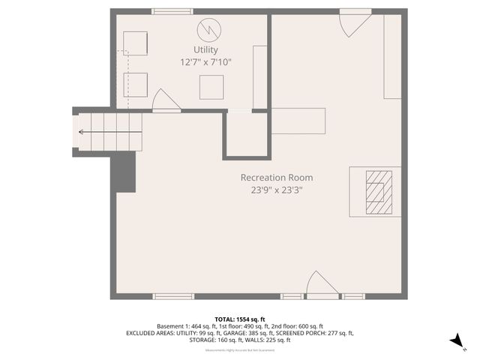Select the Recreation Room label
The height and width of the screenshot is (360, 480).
tap(276, 178)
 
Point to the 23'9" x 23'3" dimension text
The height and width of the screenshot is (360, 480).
tap(276, 190)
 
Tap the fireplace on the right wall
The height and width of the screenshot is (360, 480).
tap(378, 192)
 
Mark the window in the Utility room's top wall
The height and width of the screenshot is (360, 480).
tap(172, 11)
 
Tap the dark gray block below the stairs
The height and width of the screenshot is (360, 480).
tap(124, 172)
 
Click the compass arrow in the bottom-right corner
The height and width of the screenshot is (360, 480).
tap(455, 341)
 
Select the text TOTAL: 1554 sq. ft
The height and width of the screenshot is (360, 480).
tap(240, 319)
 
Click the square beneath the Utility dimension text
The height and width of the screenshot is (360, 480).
tap(211, 88)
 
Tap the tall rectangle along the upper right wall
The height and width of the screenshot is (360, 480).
tap(392, 57)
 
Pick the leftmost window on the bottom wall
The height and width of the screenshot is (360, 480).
tap(173, 296)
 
